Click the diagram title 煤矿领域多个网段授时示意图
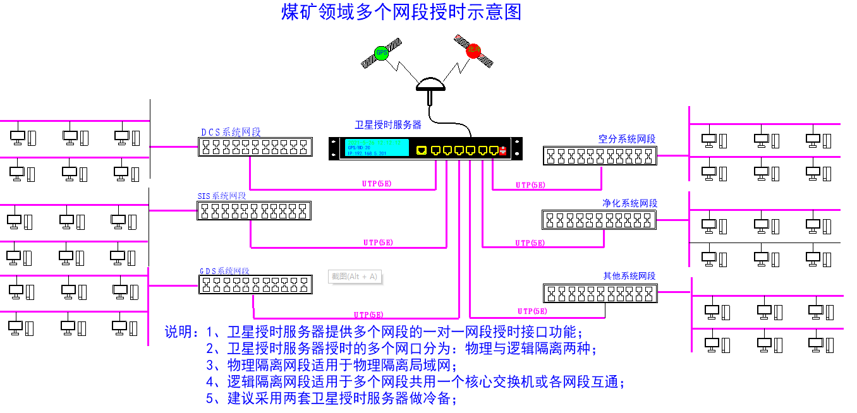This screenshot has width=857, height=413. click(401, 12)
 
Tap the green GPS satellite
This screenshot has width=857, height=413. click(381, 53)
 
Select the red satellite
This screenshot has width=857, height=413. click(473, 51)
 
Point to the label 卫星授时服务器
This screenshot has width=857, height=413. click(388, 125)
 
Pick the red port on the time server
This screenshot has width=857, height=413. click(503, 150)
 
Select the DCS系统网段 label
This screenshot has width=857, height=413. click(231, 132)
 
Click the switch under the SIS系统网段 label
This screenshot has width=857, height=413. click(254, 211)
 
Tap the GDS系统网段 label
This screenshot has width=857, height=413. click(224, 271)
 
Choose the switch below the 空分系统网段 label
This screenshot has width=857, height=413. click(600, 155)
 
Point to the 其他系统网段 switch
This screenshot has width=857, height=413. click(600, 293)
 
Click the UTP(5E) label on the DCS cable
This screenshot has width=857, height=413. click(377, 184)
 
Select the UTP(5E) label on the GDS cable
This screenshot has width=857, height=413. click(368, 314)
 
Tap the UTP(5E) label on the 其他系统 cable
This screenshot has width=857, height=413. click(532, 311)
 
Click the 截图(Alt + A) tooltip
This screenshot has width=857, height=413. click(355, 277)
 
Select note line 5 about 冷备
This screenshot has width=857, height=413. click(331, 398)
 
